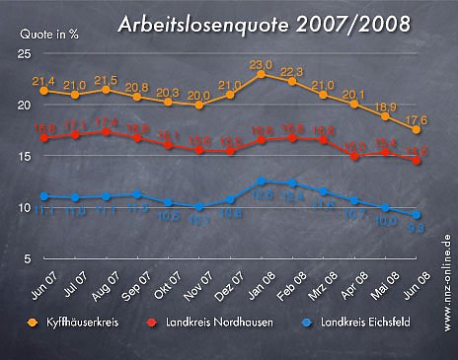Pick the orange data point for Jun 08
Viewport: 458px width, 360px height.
(x=418, y=129)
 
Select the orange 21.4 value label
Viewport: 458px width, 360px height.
(x=42, y=80)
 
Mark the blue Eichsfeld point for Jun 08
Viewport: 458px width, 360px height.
(x=418, y=214)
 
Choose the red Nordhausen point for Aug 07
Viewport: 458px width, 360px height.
(x=106, y=131)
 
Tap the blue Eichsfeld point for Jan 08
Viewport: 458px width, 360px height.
(x=261, y=180)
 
